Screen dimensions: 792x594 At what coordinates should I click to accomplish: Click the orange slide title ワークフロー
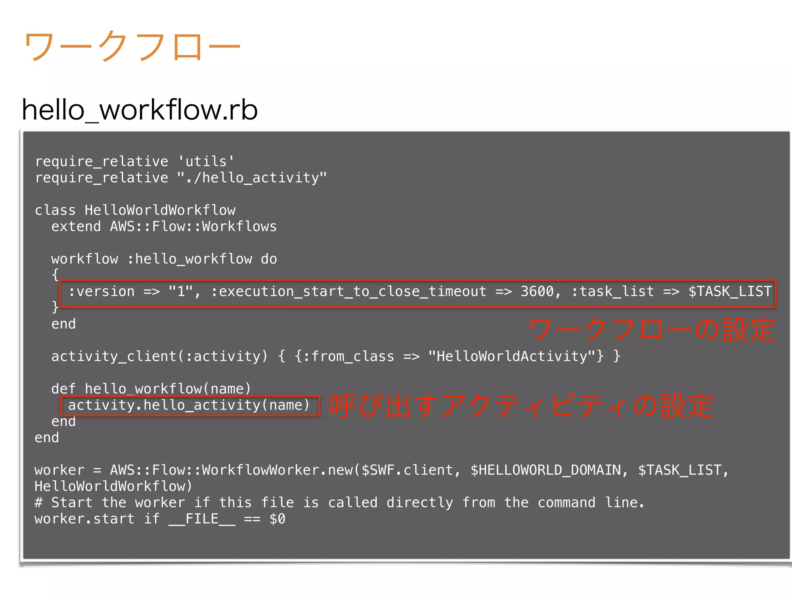pyautogui.click(x=131, y=46)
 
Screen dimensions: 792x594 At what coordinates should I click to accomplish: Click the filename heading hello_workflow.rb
pyautogui.click(x=139, y=110)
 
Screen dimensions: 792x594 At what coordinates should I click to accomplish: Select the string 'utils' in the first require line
pyautogui.click(x=206, y=161)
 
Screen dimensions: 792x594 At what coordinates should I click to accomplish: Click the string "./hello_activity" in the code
pyautogui.click(x=252, y=178)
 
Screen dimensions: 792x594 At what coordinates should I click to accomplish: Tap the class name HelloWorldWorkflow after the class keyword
pyautogui.click(x=160, y=210)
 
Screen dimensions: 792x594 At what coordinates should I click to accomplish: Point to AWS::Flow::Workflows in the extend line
pyautogui.click(x=193, y=226)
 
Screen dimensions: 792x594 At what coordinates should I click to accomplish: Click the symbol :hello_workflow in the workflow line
pyautogui.click(x=189, y=259)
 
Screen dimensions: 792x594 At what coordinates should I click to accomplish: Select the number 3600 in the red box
pyautogui.click(x=537, y=291)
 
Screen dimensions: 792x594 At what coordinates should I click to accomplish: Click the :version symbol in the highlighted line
pyautogui.click(x=101, y=291)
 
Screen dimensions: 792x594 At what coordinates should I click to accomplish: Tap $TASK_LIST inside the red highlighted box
pyautogui.click(x=730, y=291)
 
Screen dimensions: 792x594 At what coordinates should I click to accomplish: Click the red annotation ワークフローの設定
pyautogui.click(x=651, y=329)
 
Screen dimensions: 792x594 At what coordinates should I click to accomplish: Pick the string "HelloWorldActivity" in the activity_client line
pyautogui.click(x=515, y=356)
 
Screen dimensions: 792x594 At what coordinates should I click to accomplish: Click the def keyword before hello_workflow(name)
pyautogui.click(x=63, y=388)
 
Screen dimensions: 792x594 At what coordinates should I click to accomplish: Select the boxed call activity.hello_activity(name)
pyautogui.click(x=189, y=405)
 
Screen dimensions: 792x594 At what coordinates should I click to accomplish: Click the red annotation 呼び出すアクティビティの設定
pyautogui.click(x=521, y=406)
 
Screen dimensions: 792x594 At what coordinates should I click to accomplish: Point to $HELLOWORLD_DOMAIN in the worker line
pyautogui.click(x=545, y=470)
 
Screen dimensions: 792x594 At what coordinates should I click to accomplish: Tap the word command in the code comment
pyautogui.click(x=566, y=502)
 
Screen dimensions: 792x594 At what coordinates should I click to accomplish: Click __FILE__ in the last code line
pyautogui.click(x=201, y=519)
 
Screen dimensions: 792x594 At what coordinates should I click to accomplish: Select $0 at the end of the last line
pyautogui.click(x=277, y=519)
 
